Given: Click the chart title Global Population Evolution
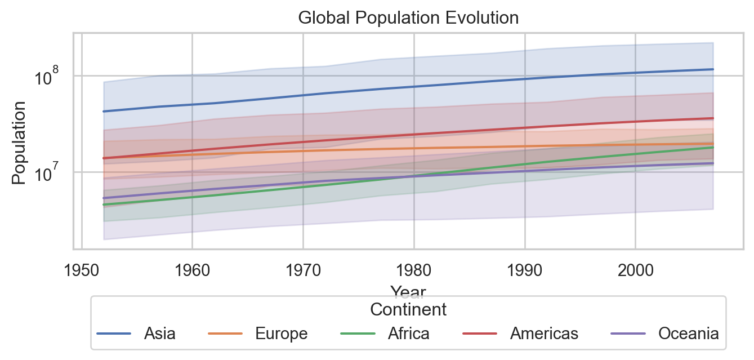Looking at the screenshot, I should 408,18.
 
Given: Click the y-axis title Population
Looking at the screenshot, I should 19,142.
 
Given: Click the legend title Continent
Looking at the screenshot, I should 408,309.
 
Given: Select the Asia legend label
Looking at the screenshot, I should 159,334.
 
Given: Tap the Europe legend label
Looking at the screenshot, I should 282,334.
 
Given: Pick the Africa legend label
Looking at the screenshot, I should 408,334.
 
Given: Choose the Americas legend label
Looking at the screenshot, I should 544,334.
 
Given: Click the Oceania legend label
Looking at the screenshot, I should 689,334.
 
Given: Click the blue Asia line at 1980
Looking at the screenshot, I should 414,87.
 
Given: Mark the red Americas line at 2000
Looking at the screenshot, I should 635,122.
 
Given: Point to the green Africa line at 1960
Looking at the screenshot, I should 193,197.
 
